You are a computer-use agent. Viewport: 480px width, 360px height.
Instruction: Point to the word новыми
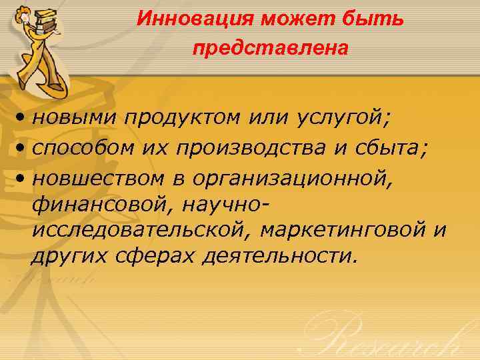[74, 117]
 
